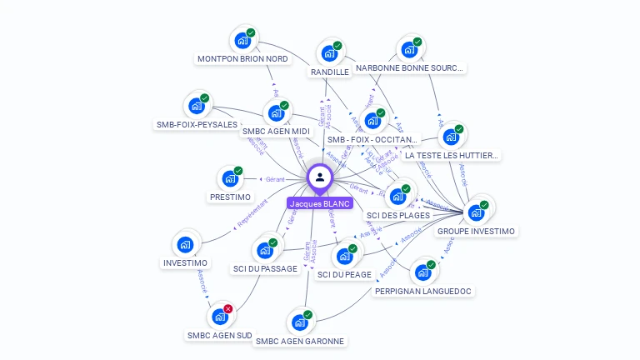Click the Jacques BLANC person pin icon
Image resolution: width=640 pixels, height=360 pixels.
point(320,177)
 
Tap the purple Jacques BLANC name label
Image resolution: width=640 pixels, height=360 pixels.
point(320,203)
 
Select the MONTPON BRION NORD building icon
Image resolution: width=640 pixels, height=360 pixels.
point(242,40)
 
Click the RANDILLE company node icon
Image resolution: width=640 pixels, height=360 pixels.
point(329,53)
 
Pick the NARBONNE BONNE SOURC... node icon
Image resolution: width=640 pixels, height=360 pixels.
point(409,50)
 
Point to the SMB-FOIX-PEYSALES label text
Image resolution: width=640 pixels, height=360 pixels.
point(197,125)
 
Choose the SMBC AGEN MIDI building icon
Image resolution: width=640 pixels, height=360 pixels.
point(276,113)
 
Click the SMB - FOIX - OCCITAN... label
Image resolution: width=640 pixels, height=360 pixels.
point(372,140)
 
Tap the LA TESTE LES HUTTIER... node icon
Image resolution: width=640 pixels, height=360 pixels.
point(451,137)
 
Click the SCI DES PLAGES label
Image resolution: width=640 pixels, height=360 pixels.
point(398,215)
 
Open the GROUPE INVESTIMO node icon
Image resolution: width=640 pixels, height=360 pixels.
point(476,212)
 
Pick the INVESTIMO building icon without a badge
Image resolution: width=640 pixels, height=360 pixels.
point(185,245)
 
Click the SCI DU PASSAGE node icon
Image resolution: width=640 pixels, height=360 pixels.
point(265,250)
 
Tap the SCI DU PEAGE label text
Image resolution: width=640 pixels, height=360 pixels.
point(344,274)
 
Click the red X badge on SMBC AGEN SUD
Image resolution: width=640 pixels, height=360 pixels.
point(228,308)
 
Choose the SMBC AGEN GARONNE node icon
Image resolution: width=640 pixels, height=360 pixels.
point(299,322)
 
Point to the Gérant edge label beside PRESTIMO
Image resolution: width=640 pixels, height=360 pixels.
point(274,179)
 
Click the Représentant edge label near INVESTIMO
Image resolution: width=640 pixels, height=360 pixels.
point(252,213)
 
